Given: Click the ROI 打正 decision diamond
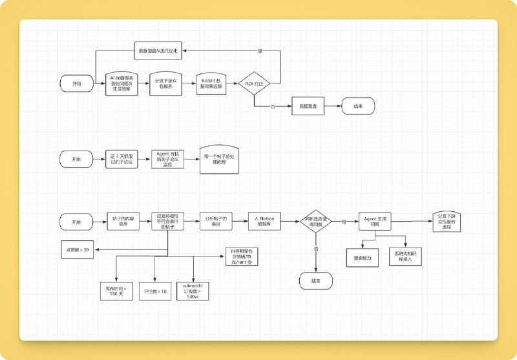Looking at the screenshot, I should coord(255,84).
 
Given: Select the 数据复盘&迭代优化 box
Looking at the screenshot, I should coord(159,50).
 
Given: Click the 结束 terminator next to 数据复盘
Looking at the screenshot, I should coord(357,105).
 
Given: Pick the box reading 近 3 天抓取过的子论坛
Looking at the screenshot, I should coord(121,159).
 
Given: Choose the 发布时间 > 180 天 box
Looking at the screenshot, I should coord(117,291).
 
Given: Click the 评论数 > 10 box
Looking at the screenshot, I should coord(154,291).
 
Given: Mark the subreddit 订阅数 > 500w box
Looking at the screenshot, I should coord(194,291).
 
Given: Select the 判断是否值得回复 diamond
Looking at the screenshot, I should coord(317,222).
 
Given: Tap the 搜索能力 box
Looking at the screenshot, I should coord(362,257).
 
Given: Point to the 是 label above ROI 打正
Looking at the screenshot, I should coord(260,50).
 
